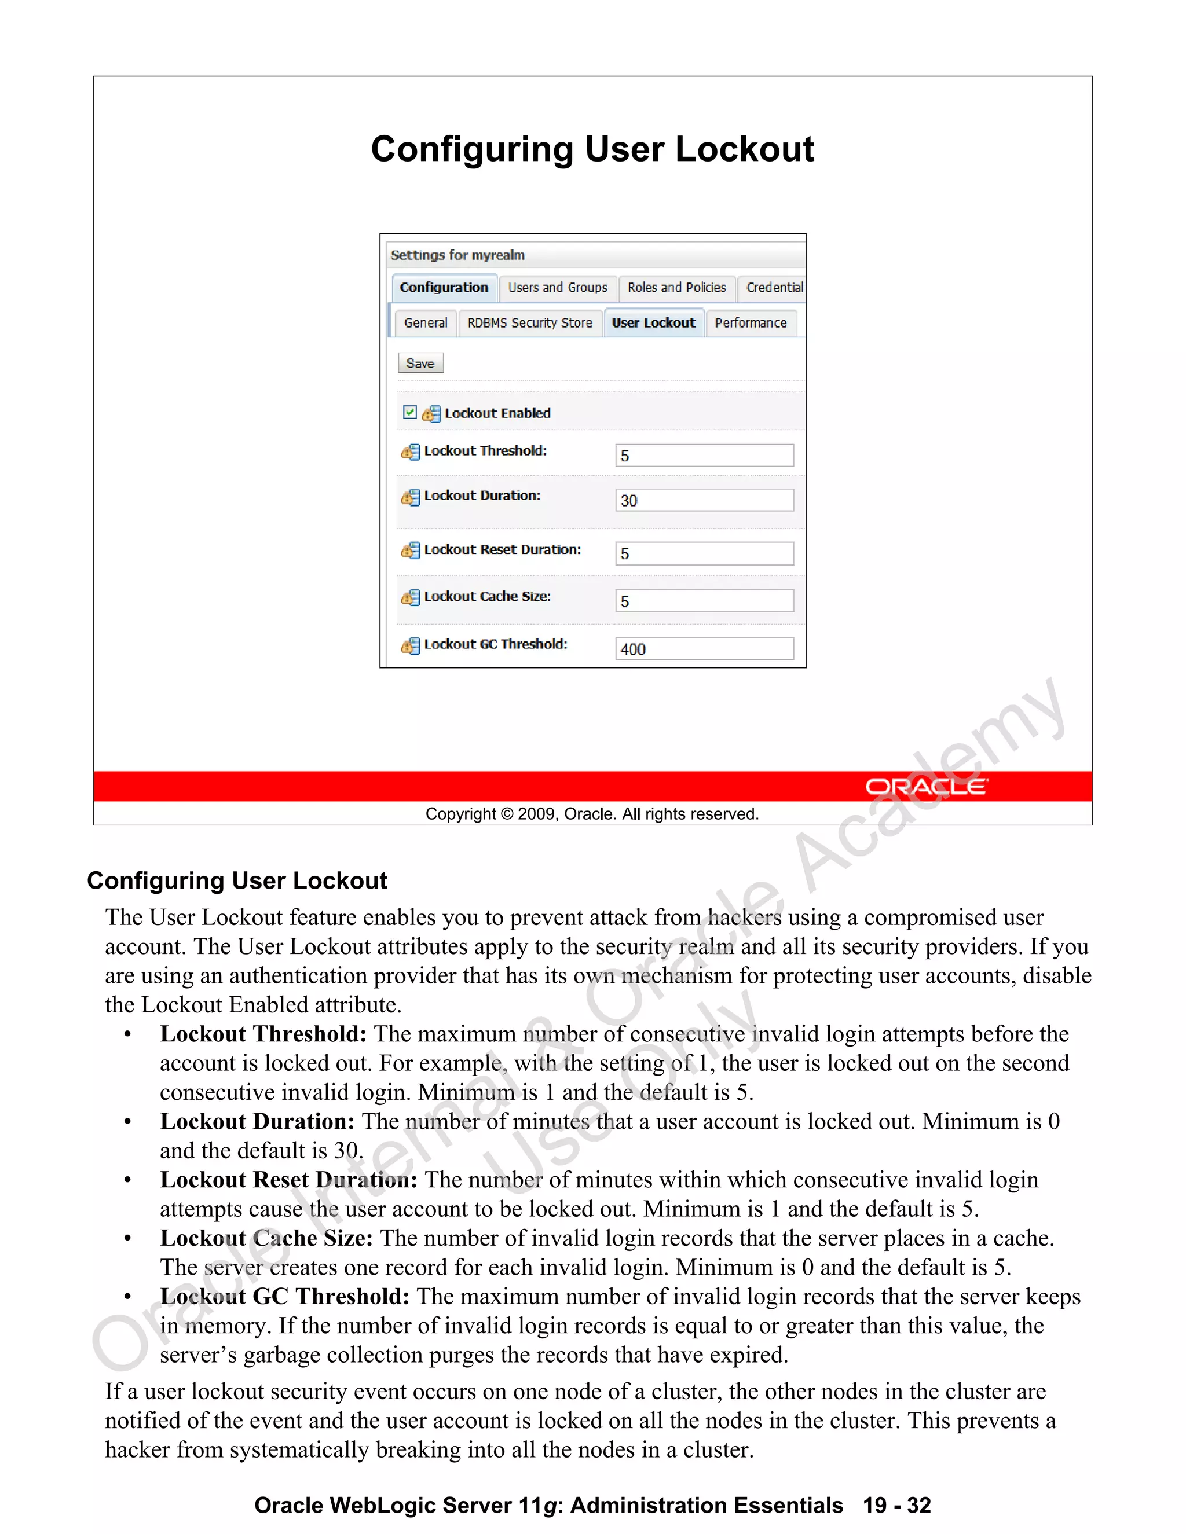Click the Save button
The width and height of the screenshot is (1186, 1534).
[420, 363]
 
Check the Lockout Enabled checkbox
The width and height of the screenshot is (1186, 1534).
[409, 412]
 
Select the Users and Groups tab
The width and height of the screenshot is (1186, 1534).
[558, 287]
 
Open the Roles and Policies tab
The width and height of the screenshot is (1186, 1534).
[676, 287]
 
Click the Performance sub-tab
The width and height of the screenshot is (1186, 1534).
[751, 323]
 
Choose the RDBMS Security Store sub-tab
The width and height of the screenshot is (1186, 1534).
[530, 323]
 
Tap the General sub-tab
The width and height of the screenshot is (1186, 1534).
[426, 323]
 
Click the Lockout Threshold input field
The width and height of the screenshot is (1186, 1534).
[704, 455]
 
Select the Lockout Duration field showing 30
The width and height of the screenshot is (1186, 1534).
[704, 500]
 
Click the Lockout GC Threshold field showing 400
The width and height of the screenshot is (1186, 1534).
[704, 649]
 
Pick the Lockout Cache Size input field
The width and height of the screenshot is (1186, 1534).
[704, 601]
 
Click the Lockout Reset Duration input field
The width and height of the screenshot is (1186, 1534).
[704, 553]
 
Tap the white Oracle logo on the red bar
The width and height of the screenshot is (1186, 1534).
[927, 787]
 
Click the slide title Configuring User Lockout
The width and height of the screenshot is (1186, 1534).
[592, 149]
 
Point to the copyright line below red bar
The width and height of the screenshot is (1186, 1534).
[592, 814]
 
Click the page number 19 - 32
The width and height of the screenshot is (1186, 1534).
[897, 1505]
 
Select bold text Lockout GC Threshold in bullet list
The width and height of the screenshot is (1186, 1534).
[284, 1297]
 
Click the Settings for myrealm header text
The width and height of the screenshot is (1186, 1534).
[457, 255]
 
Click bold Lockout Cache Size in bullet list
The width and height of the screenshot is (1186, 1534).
[266, 1238]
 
